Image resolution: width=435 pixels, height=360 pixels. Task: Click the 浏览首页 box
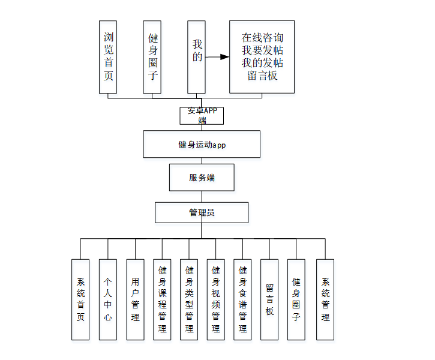107,57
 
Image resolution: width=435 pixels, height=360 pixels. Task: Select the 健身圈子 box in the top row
152,57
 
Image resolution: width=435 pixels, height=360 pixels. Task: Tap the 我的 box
196,57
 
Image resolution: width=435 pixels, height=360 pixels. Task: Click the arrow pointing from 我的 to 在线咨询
217,57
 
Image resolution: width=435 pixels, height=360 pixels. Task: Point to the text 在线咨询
262,37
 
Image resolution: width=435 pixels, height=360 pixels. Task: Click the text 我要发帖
262,50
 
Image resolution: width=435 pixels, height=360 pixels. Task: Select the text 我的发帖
262,63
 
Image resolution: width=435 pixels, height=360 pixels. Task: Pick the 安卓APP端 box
202,115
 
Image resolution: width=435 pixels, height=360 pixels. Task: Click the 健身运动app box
202,145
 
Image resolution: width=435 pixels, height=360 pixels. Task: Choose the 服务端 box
202,178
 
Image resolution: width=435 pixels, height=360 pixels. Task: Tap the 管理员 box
202,212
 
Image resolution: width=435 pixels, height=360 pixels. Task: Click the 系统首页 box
80,299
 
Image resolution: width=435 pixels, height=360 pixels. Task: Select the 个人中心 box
107,299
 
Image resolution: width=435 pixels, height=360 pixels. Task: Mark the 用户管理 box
135,299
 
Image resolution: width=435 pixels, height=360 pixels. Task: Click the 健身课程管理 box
162,299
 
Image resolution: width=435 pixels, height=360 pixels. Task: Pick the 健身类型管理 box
189,299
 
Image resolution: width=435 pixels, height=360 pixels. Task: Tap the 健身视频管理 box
216,299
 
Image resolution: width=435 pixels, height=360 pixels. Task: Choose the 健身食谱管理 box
242,299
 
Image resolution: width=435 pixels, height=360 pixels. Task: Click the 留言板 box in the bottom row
269,299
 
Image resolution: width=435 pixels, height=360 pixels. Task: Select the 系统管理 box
325,299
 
